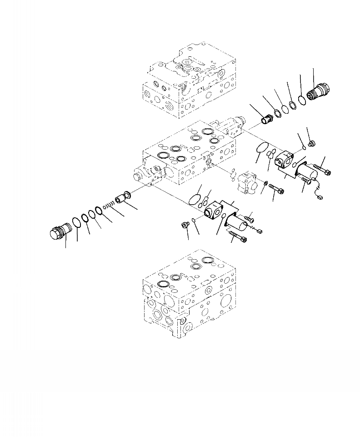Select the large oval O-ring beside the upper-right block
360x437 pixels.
260,147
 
